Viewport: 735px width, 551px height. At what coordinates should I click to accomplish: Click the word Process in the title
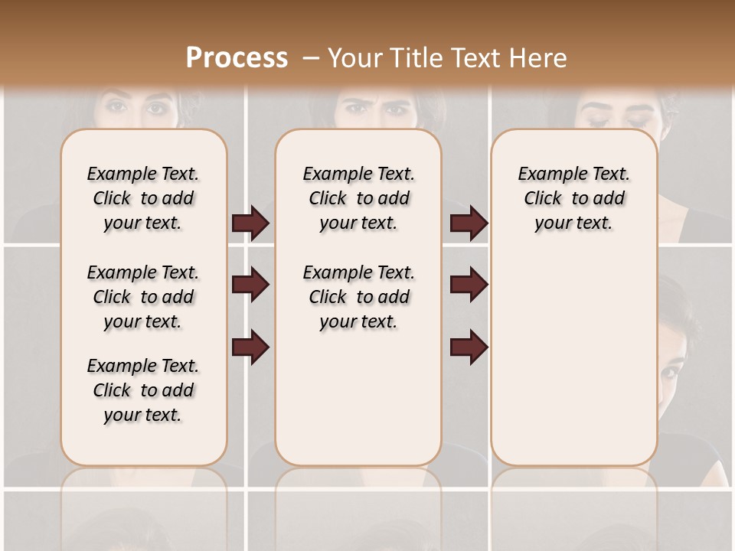coord(237,57)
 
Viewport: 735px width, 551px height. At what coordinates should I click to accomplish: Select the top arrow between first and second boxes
coord(250,223)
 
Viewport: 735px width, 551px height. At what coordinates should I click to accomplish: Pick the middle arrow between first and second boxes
coord(250,285)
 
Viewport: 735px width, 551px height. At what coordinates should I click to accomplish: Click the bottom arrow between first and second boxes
coord(250,347)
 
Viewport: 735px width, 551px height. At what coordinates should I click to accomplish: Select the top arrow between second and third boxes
coord(469,223)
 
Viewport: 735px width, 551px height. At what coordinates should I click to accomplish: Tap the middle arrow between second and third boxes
coord(469,285)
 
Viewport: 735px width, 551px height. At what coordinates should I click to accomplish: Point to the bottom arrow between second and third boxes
coord(469,347)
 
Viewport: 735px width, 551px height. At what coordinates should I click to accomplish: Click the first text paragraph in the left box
coord(143,198)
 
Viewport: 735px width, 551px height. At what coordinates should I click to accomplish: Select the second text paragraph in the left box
coord(143,297)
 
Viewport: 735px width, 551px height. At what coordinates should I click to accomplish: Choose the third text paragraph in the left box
coord(143,390)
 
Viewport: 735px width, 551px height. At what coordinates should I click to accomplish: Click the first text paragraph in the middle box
coord(358,198)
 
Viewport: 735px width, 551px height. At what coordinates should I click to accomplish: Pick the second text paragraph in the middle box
coord(358,297)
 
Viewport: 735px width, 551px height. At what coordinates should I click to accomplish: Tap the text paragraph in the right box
coord(573,198)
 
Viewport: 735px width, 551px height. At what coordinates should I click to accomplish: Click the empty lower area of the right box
coord(573,360)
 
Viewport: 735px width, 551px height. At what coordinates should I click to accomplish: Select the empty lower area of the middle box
coord(358,406)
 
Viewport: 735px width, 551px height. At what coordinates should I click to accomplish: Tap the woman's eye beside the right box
coord(670,373)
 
